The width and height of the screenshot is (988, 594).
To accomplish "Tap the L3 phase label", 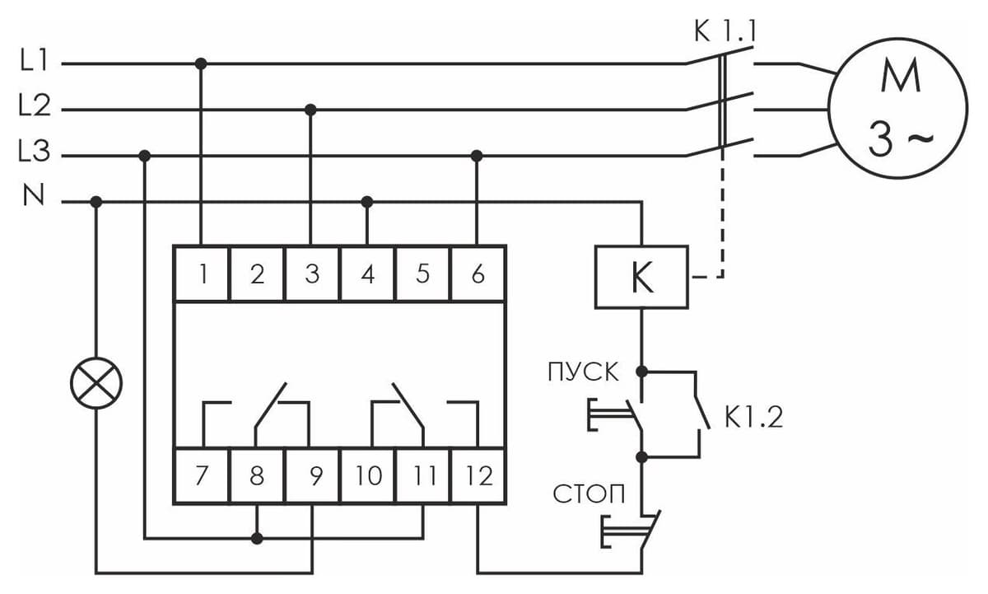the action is [35, 151].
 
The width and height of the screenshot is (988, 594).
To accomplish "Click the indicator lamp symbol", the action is [96, 382].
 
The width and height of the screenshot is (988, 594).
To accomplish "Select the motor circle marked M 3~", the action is [897, 108].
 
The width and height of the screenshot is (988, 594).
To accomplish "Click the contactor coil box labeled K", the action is [641, 277].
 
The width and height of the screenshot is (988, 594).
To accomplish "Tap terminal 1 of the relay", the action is [202, 274].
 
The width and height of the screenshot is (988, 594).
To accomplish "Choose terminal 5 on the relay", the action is [422, 274].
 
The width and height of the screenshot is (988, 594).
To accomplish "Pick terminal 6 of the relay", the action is [478, 274].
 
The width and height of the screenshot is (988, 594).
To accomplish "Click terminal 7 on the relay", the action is [202, 475].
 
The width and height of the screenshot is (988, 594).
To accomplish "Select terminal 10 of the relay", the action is [367, 475].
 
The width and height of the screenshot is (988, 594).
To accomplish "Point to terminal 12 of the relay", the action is [478, 475].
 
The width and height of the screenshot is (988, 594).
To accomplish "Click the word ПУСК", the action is [583, 372].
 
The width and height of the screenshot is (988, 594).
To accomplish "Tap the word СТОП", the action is [589, 493].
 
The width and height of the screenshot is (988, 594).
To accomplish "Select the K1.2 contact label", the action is [753, 417].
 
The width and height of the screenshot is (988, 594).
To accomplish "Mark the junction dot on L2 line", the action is [310, 110].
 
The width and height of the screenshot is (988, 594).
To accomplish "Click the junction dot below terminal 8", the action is [257, 539].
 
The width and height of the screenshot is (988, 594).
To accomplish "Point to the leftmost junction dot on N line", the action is [96, 202].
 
